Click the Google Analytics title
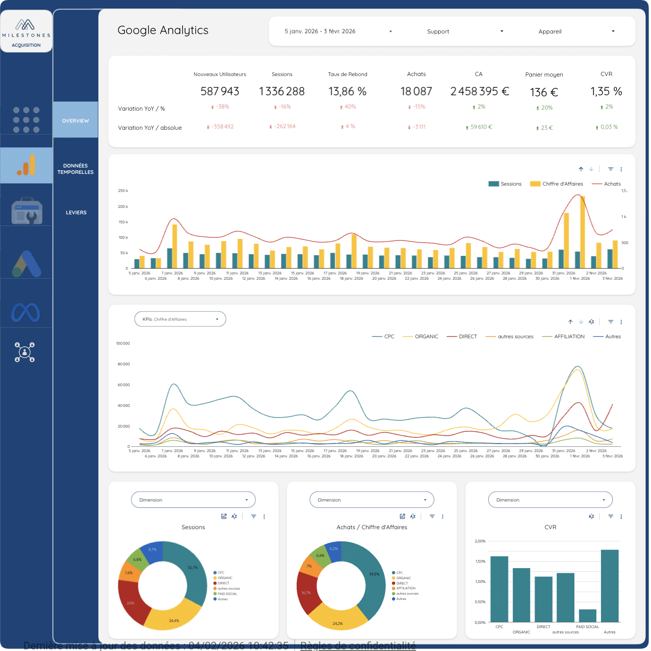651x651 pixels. [x=163, y=30]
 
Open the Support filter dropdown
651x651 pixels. [x=465, y=31]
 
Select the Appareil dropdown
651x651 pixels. [x=576, y=31]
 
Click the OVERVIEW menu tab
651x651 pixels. [x=76, y=121]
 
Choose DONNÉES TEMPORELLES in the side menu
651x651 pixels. [x=76, y=169]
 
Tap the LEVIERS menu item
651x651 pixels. [x=76, y=212]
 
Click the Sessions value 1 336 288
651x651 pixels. [x=282, y=91]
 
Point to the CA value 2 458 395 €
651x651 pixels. [x=479, y=91]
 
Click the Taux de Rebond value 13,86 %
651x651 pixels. [x=347, y=91]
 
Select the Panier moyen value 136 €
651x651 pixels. [x=544, y=93]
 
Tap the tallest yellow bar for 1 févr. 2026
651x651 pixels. [x=583, y=231]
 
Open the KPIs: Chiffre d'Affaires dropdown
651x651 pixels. [x=180, y=319]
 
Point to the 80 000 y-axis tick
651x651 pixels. [x=123, y=364]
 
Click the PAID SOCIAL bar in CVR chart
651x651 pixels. [x=587, y=615]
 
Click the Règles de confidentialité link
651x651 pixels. [x=358, y=646]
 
